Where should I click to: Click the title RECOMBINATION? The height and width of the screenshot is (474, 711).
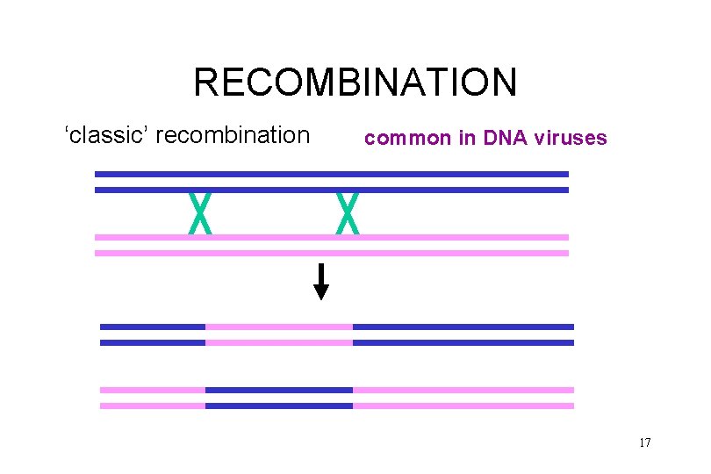tap(355, 83)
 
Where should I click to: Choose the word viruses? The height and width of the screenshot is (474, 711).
tap(570, 138)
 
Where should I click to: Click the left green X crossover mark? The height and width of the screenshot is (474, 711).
tap(201, 213)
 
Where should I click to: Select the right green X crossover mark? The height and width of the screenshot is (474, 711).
tap(348, 213)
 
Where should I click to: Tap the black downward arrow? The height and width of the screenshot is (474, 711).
tap(322, 282)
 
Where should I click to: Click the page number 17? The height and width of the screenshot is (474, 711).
tap(644, 442)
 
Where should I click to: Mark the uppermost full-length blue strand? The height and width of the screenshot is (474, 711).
tap(332, 174)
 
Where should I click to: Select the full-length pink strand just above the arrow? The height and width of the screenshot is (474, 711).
tap(332, 253)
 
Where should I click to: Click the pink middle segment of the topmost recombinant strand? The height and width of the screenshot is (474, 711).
tap(279, 327)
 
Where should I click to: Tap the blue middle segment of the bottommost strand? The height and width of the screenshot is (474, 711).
tap(279, 406)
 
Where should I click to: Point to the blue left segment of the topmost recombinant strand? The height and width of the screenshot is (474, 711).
tap(153, 327)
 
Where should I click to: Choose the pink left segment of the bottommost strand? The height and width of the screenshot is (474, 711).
tap(153, 406)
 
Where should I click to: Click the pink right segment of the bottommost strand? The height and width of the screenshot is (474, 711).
tap(463, 406)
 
